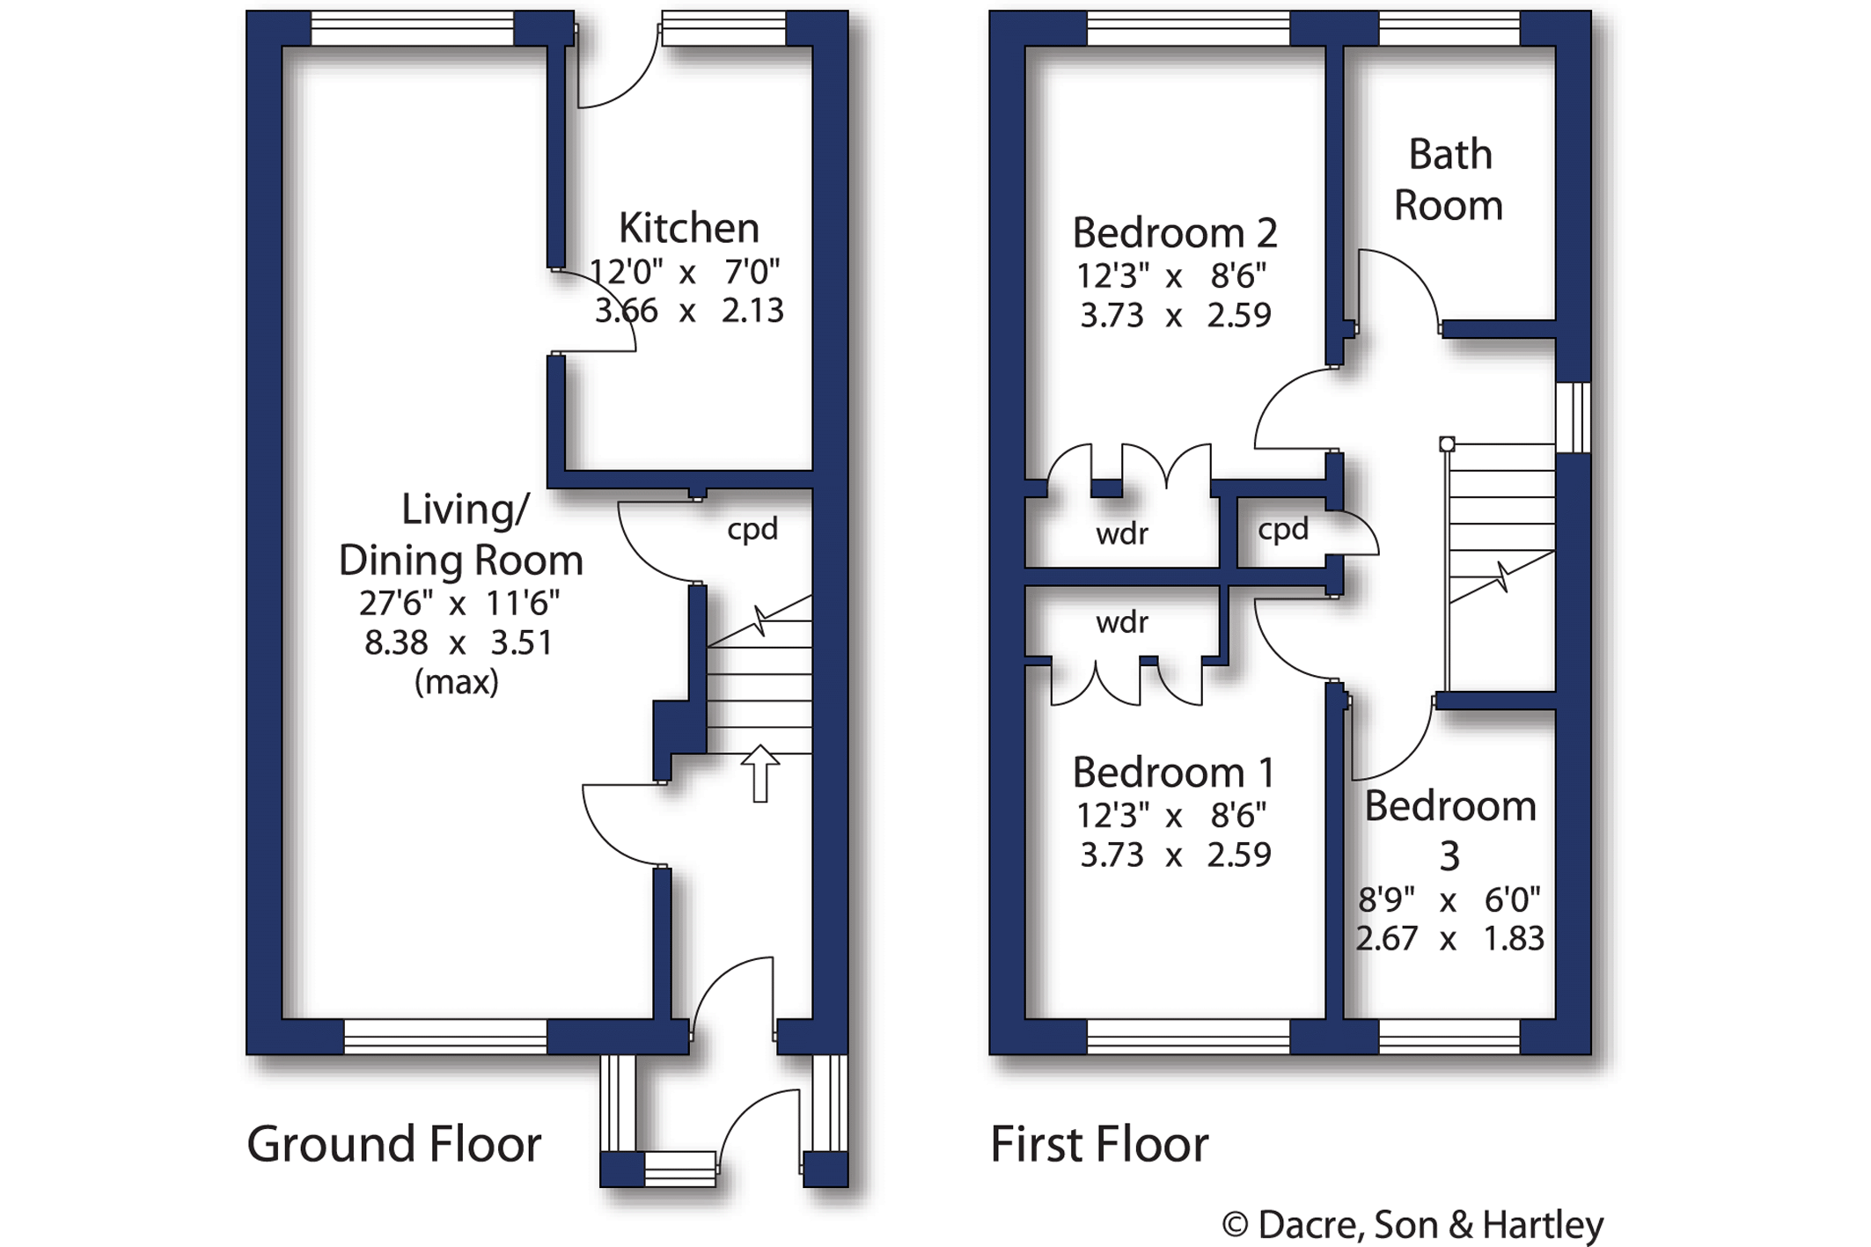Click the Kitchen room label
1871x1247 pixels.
[x=689, y=228]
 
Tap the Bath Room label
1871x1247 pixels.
[x=1449, y=180]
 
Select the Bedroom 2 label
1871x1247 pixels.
[x=1175, y=233]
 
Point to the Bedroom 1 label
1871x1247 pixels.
[x=1174, y=773]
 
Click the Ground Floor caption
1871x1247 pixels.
[x=393, y=1144]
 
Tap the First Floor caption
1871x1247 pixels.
[x=1100, y=1144]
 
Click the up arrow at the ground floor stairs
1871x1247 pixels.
[x=760, y=774]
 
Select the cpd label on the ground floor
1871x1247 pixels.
[x=752, y=530]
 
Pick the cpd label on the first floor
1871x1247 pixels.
[x=1283, y=530]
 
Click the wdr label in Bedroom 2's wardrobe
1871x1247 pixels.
[x=1122, y=533]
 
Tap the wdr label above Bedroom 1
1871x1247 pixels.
[x=1122, y=623]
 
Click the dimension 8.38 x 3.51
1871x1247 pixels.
[x=459, y=643]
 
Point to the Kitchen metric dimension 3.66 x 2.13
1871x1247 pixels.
[x=689, y=311]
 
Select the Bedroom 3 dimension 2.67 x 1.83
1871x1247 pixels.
[x=1449, y=939]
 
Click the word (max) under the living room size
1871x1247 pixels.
[x=457, y=682]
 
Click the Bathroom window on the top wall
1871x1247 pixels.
[x=1449, y=29]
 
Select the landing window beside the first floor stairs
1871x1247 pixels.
[x=1574, y=417]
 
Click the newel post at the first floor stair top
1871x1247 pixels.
[x=1447, y=444]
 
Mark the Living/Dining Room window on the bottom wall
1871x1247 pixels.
[x=445, y=1037]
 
